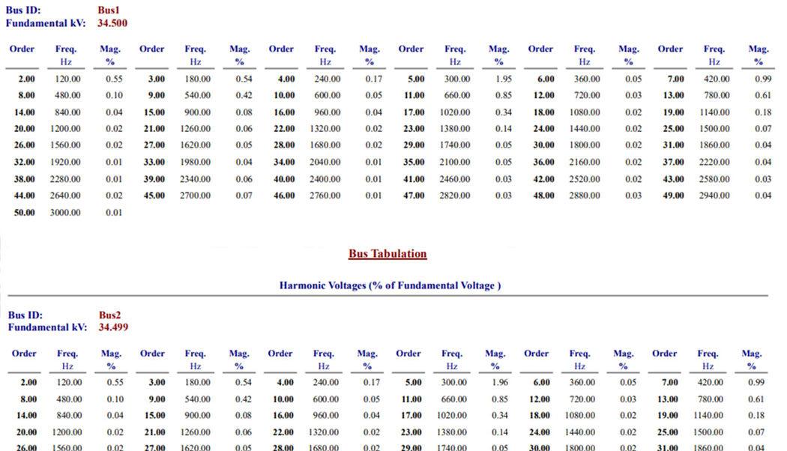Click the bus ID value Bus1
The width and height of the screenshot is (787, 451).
coord(109,10)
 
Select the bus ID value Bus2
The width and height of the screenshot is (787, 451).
coord(109,315)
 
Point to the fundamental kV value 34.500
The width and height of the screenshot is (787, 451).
coord(112,23)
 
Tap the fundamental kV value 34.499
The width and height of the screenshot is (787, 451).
coord(113,327)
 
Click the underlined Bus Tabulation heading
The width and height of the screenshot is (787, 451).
coord(388,254)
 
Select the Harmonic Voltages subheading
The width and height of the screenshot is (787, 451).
coord(390,285)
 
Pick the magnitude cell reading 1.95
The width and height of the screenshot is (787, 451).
coord(504,79)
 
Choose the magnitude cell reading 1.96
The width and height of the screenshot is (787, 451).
coord(499,383)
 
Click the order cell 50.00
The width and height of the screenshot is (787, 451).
coord(25,213)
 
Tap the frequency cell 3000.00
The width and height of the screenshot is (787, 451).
coord(65,213)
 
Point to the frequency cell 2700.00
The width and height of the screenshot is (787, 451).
coord(195,196)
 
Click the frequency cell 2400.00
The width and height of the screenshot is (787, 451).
coord(325,180)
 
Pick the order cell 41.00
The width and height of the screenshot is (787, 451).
coord(414,180)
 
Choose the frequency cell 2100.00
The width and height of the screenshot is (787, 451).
coord(455,163)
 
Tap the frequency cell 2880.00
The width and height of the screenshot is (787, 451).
coord(585,196)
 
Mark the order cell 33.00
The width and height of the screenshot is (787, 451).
coord(154,163)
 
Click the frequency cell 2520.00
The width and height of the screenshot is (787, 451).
coord(585,180)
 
